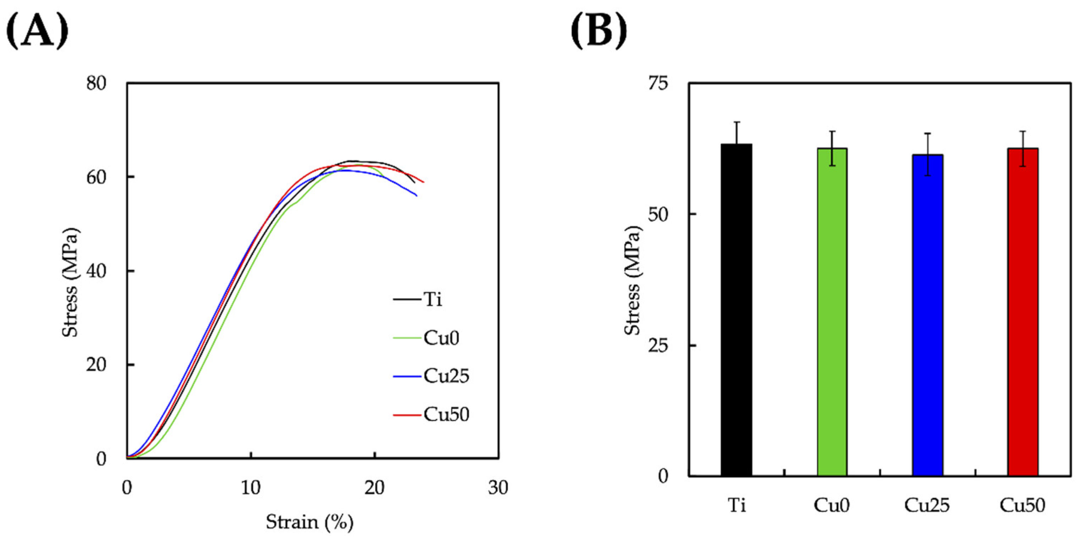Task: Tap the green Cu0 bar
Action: tap(832, 311)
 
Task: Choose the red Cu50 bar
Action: tap(1023, 311)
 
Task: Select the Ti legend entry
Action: tap(433, 299)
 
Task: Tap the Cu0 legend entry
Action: tap(441, 338)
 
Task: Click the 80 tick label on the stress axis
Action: tap(96, 83)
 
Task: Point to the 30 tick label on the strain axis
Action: tap(498, 487)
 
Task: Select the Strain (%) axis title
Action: tap(309, 522)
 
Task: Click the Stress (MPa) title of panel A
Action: tap(70, 283)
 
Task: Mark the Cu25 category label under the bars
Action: tap(927, 505)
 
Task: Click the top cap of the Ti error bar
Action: tap(737, 122)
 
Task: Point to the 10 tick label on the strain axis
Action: tap(251, 487)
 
